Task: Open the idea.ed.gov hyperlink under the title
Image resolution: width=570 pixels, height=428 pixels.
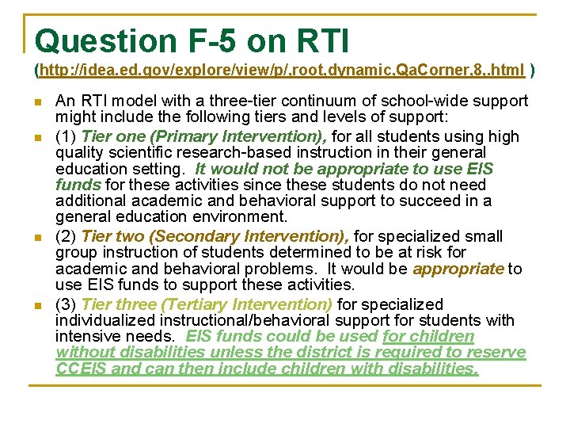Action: (282, 71)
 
